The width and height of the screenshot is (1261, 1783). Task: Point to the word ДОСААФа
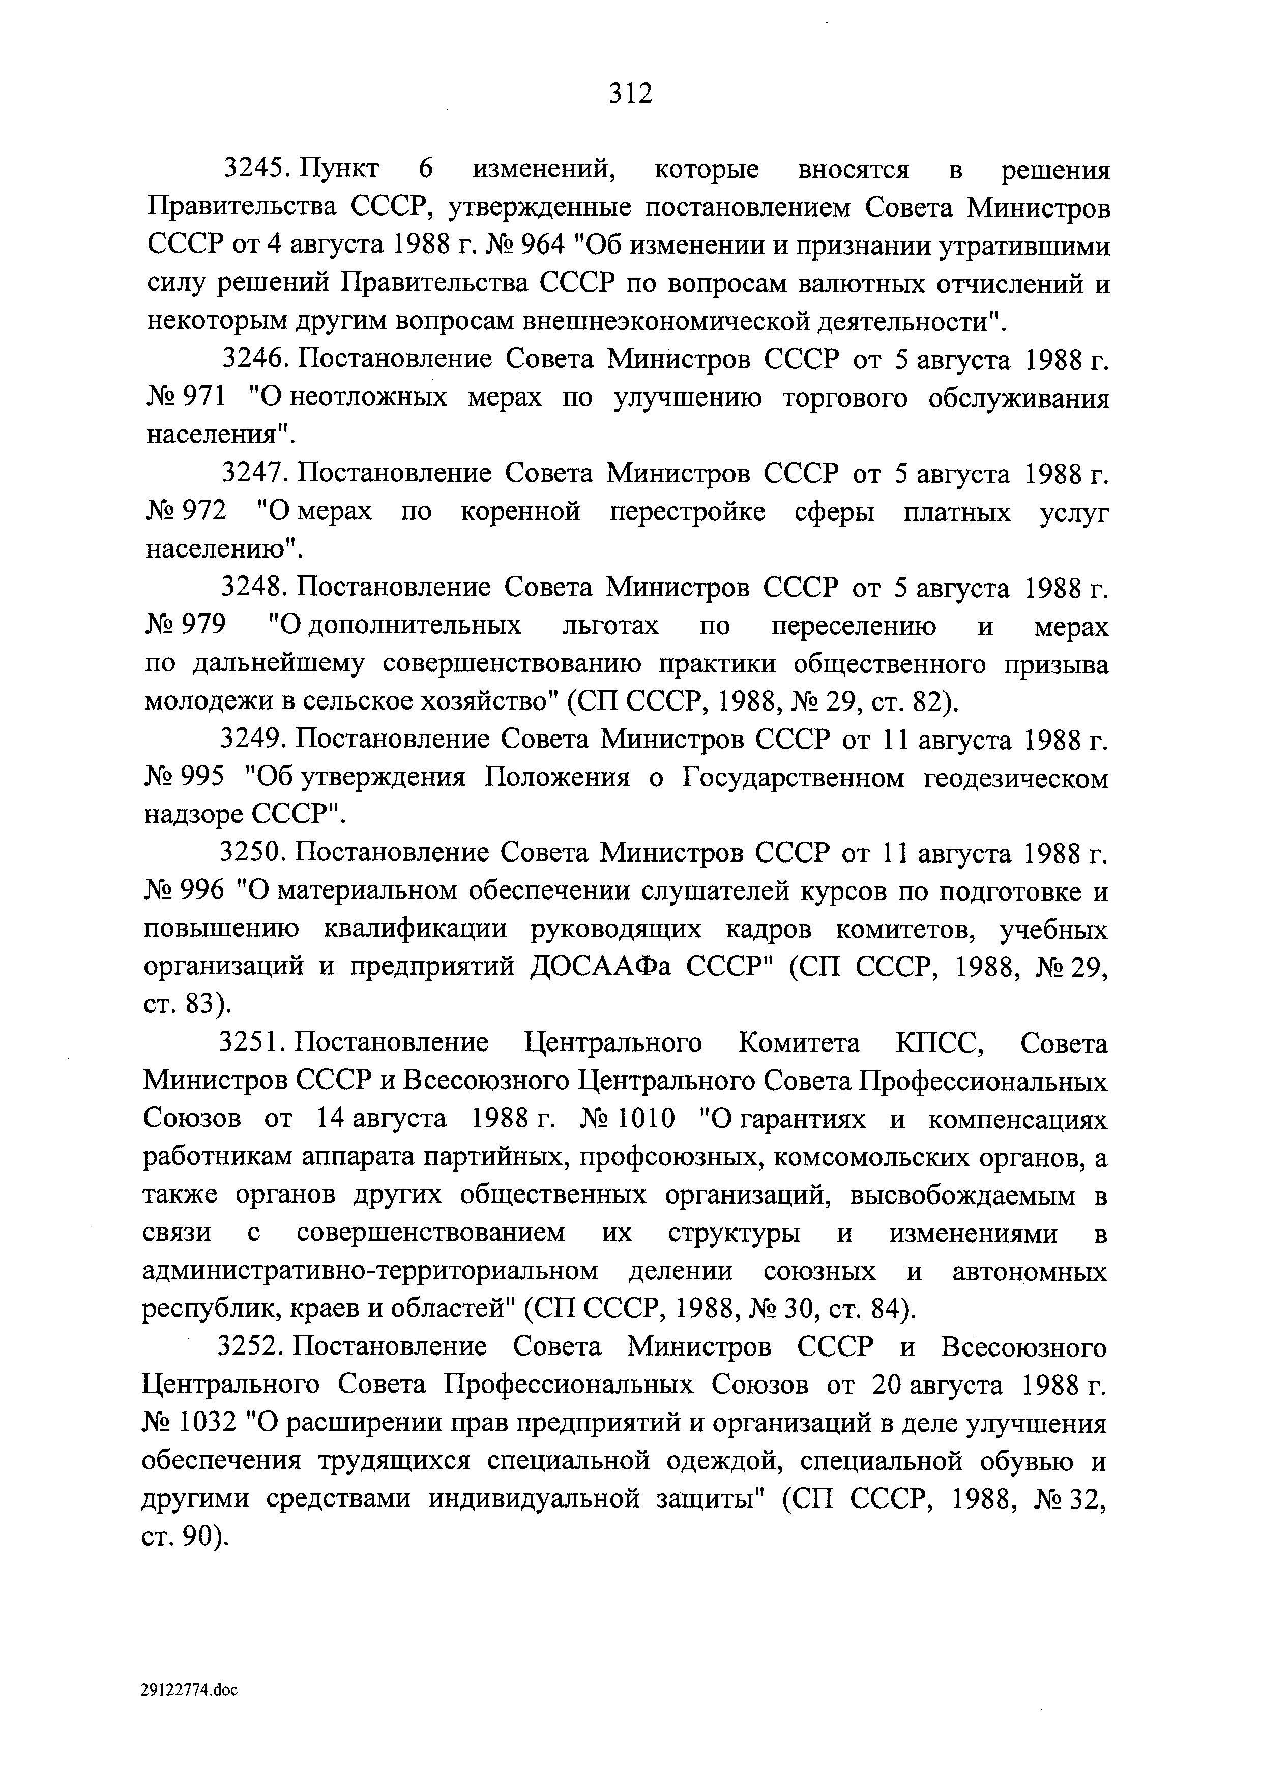589,968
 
